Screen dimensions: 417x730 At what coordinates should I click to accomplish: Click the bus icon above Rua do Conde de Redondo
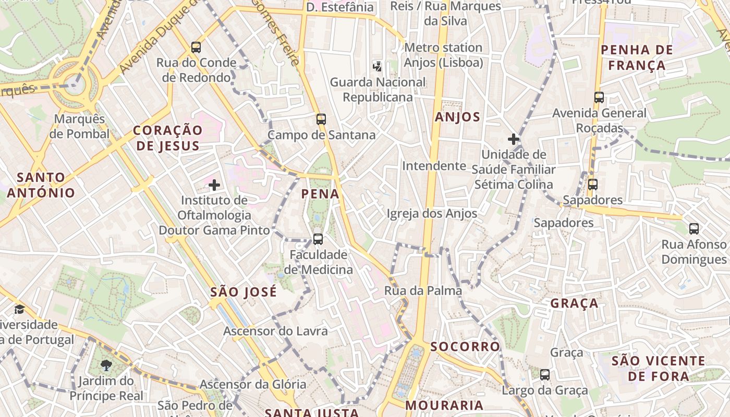tap(196, 47)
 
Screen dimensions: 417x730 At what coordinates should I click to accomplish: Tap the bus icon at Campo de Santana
tap(321, 119)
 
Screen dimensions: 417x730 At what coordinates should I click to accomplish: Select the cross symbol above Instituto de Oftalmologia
tap(214, 185)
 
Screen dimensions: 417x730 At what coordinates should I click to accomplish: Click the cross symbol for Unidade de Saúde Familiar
tap(514, 139)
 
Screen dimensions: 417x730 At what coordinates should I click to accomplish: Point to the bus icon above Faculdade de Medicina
tap(318, 239)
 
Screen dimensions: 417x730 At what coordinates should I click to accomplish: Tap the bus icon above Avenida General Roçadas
tap(599, 97)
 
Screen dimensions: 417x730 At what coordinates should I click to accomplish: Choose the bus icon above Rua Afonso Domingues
tap(694, 228)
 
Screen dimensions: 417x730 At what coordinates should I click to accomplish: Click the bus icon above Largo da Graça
tap(545, 374)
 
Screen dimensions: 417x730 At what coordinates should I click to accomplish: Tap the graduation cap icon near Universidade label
tap(19, 310)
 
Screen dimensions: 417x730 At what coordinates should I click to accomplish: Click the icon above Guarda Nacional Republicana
tap(378, 66)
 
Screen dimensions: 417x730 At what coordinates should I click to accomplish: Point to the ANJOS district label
tap(457, 117)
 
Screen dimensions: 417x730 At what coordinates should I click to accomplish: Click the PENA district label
tap(320, 194)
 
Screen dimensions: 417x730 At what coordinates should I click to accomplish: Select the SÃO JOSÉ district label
tap(244, 292)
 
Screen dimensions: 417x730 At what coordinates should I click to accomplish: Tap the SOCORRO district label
tap(465, 347)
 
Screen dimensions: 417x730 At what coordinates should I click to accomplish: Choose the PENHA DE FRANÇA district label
tap(637, 58)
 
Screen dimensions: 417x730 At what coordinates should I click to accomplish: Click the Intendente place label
tap(434, 166)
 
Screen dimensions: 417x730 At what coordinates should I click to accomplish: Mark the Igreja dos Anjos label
tap(432, 213)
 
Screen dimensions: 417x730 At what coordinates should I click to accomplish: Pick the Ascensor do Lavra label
tap(275, 331)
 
